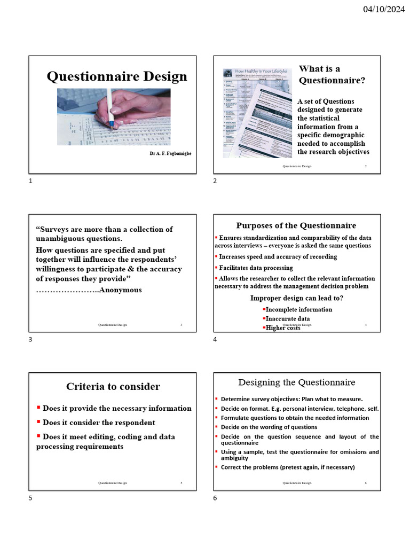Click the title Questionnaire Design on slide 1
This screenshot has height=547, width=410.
point(117,77)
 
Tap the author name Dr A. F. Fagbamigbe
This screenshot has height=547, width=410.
point(170,154)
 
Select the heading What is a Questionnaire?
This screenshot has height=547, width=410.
point(332,75)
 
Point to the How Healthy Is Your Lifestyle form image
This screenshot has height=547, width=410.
point(258,112)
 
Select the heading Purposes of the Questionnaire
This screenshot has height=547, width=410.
point(296,225)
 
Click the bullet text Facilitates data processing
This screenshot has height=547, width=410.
point(256,268)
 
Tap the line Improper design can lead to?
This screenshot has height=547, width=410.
point(296,298)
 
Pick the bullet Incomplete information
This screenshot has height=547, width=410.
point(299,309)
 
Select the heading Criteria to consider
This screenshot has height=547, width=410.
point(113,386)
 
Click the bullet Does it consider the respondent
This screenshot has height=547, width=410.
point(99,423)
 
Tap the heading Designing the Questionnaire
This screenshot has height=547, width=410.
point(296,382)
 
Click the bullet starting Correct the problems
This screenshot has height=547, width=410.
point(288,467)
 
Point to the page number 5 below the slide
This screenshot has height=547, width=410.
point(30,498)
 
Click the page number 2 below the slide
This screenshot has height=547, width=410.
point(215,181)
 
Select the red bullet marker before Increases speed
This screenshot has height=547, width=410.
point(216,256)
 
